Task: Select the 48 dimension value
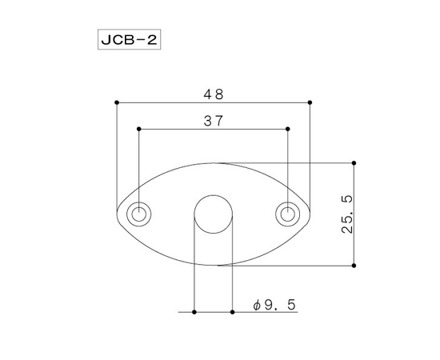[x=213, y=94]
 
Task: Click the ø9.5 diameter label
[x=274, y=305]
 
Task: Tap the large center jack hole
[x=214, y=214]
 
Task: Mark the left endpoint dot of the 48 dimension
[x=117, y=102]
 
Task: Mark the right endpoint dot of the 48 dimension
[x=310, y=102]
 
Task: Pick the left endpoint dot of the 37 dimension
[x=139, y=129]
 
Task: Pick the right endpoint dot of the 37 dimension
[x=288, y=129]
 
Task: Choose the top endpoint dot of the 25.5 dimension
[x=354, y=163]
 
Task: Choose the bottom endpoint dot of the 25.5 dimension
[x=354, y=265]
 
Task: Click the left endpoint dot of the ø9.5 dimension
[x=194, y=310]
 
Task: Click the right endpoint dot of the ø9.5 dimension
[x=232, y=310]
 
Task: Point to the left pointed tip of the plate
[x=118, y=214]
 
